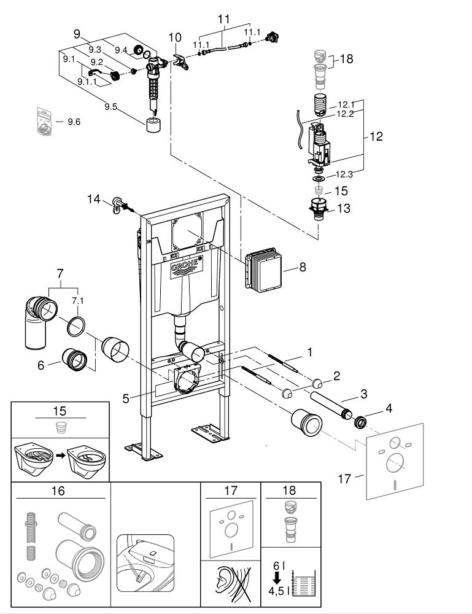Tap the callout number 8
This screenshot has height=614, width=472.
click(303, 267)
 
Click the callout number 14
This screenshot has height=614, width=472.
click(94, 200)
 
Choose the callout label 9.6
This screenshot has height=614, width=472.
click(74, 122)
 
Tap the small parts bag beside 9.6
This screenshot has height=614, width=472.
click(45, 122)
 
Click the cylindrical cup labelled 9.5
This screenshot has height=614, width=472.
click(155, 125)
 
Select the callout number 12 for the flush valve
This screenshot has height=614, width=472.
click(376, 136)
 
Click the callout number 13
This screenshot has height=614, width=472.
click(344, 208)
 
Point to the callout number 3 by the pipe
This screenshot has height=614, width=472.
click(363, 394)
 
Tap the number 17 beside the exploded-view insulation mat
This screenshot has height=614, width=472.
click(344, 478)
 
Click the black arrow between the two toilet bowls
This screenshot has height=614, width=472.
click(60, 456)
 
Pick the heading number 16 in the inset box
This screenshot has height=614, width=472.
click(58, 491)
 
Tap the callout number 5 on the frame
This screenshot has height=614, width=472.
click(126, 398)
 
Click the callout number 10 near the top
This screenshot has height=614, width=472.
click(175, 37)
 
